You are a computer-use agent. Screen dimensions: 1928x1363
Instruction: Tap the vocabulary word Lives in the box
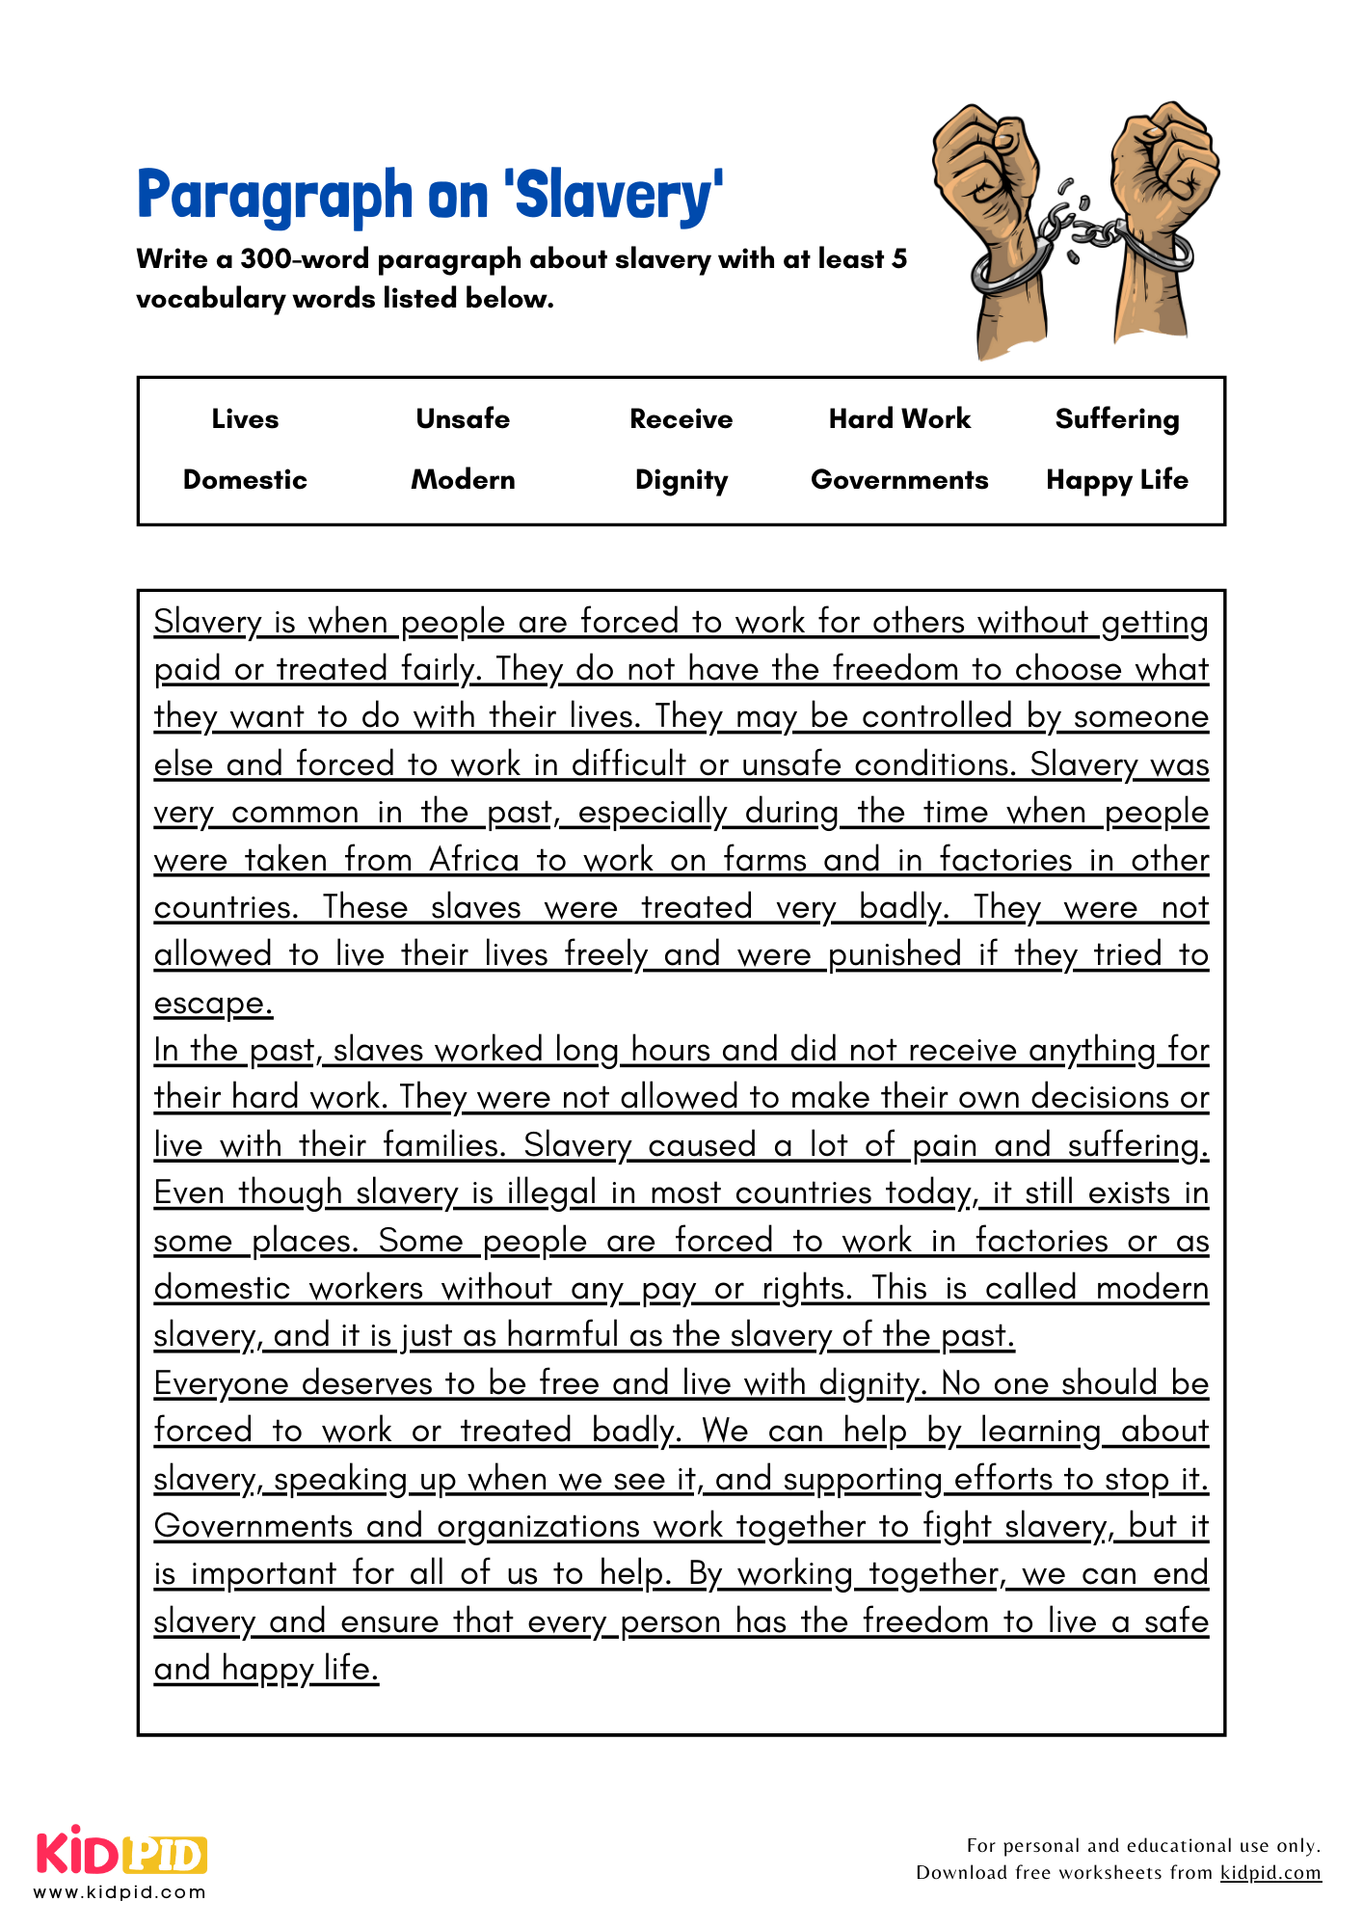coord(245,419)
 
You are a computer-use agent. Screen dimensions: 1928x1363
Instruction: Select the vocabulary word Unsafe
coord(463,419)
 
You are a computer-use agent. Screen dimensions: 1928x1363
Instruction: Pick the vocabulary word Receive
coord(681,419)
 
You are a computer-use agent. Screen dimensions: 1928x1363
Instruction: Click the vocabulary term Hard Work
coord(899,419)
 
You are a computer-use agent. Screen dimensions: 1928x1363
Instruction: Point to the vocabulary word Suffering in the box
coord(1117,419)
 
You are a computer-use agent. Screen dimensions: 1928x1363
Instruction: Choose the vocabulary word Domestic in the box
coord(245,480)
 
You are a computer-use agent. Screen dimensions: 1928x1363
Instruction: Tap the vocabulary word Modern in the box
coord(463,480)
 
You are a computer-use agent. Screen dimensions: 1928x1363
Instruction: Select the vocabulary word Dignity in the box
coord(681,480)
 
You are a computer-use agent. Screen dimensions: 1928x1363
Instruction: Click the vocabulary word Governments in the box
coord(899,480)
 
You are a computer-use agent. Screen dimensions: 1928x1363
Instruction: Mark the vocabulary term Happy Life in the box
coord(1117,480)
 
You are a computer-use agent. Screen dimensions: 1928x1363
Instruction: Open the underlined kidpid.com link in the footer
coord(1270,1873)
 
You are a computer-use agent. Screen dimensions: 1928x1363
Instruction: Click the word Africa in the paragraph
coord(474,859)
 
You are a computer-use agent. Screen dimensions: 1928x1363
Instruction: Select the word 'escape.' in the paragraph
coord(213,1003)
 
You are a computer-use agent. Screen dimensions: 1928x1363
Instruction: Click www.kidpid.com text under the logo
coord(120,1892)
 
